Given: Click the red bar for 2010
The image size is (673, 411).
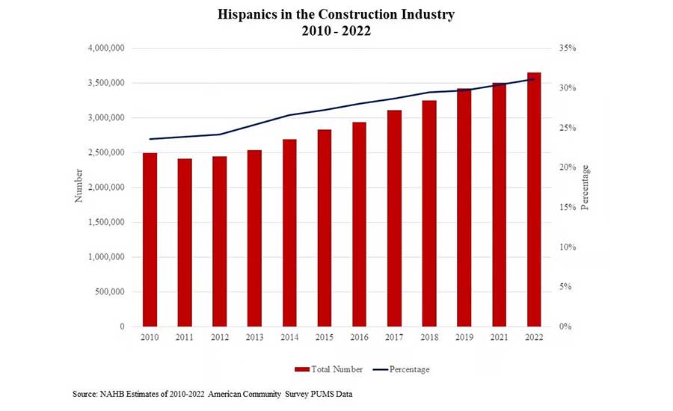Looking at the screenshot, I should click(x=150, y=239).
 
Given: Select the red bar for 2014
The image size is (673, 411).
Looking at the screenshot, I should click(x=289, y=232).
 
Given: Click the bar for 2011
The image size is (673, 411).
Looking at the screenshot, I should click(x=185, y=242).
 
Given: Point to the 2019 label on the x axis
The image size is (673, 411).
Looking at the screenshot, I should click(x=464, y=339).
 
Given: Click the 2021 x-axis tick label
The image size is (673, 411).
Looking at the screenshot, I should click(x=499, y=339).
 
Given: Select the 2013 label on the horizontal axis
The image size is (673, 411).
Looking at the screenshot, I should click(x=254, y=339).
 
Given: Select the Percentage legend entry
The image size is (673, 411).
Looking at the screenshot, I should click(x=402, y=369).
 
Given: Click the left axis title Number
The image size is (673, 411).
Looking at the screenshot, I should click(x=79, y=188).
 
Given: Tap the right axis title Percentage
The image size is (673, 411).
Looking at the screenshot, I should click(x=585, y=188).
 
